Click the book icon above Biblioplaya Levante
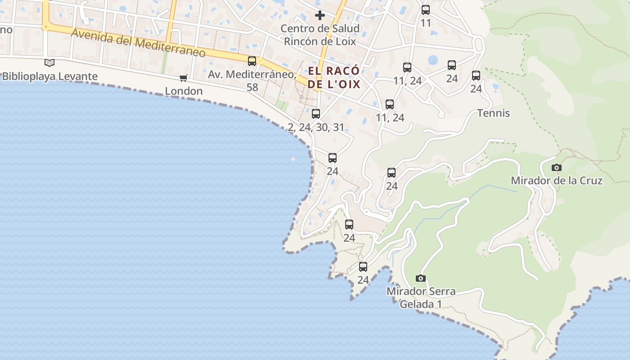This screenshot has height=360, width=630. pos(49,63)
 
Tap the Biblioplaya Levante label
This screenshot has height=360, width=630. pos(49,76)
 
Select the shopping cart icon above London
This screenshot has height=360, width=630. pos(183,78)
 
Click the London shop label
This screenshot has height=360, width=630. pos(184,91)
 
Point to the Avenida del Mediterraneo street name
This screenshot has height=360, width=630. pos(138,44)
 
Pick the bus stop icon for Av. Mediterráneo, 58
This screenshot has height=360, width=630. pos(252,61)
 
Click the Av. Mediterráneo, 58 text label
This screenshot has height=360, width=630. pos(252,80)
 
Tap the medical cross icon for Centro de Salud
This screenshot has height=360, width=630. pos(320,15)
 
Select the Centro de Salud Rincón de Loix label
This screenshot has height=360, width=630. pos(320,35)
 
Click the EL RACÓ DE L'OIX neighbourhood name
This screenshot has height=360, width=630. pos(334,77)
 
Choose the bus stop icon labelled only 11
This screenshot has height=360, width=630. pos(426,10)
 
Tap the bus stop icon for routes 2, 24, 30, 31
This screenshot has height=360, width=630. pos(316,114)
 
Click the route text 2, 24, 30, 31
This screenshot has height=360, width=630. pos(316,127)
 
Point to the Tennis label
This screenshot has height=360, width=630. pos(493,113)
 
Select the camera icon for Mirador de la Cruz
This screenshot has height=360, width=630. pos(557,167)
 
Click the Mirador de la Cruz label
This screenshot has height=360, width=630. pos(556,180)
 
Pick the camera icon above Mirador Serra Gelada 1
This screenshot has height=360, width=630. pos(421,278)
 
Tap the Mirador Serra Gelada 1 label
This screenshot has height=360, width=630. pos(421,297)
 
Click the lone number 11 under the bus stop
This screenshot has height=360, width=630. pos(426,23)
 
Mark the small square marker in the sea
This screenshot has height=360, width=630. pos(293,159)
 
